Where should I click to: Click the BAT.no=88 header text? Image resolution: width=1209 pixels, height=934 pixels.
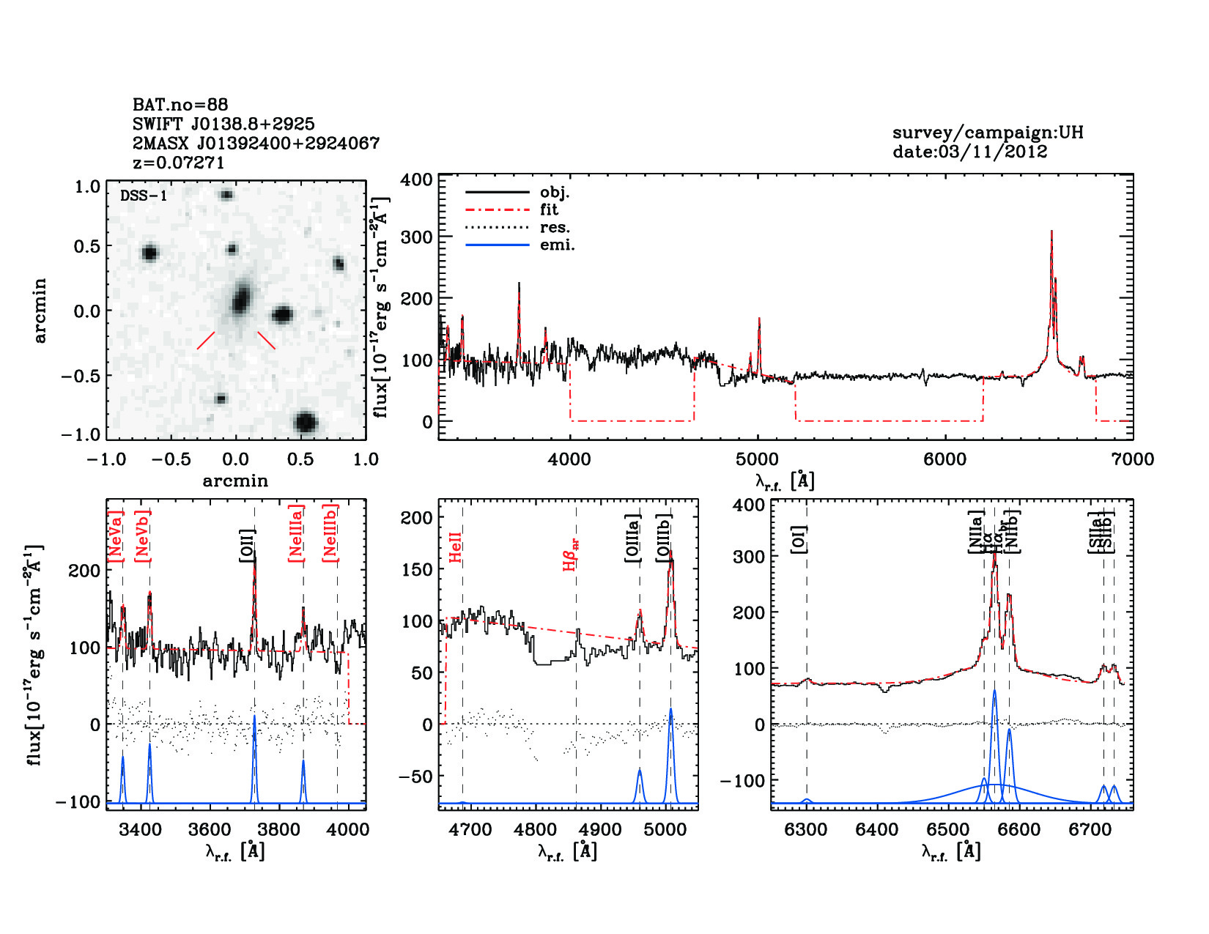click(x=180, y=105)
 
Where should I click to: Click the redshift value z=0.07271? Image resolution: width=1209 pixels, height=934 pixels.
click(x=179, y=163)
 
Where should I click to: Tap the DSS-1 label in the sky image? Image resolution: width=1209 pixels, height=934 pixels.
click(x=144, y=196)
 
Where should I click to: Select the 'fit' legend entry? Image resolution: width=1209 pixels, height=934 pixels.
click(x=549, y=210)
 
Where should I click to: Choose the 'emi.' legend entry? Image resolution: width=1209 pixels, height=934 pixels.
click(x=557, y=245)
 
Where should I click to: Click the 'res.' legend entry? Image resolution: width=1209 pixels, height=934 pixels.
click(x=555, y=227)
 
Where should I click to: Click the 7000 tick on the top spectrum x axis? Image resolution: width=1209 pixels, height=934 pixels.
click(x=1132, y=459)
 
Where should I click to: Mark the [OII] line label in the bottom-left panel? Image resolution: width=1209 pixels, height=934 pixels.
click(x=247, y=546)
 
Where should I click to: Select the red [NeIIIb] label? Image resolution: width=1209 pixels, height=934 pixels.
click(x=330, y=533)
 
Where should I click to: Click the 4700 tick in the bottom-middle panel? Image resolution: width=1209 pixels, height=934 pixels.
click(x=470, y=829)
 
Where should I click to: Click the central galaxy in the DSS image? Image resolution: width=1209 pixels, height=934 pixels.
click(x=240, y=300)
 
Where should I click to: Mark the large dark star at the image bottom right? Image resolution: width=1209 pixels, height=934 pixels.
click(x=306, y=423)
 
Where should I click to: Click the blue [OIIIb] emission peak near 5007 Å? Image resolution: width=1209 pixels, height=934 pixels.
click(x=670, y=709)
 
